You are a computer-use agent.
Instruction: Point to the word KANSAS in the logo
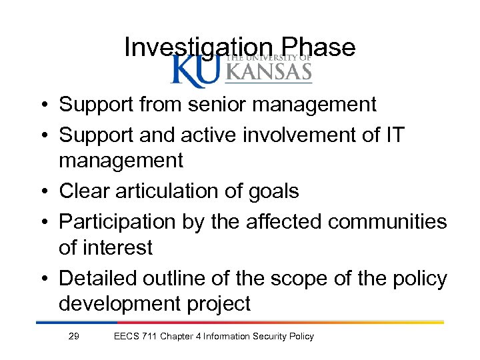tap(269, 71)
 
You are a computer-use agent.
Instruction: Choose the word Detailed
tap(99, 277)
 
